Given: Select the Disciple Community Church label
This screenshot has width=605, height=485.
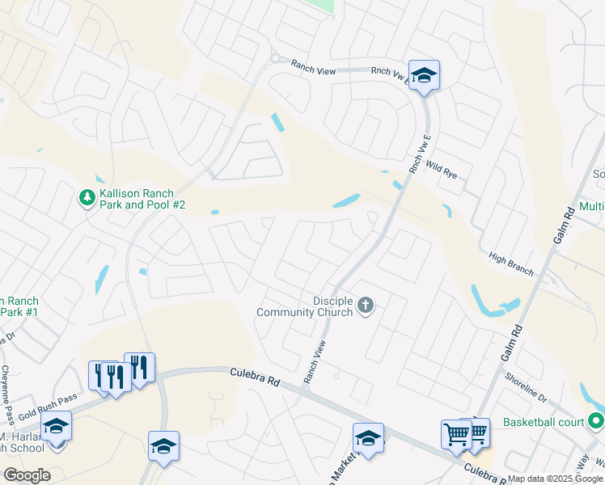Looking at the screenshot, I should [305, 306].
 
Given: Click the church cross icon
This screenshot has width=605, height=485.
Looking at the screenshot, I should [366, 306].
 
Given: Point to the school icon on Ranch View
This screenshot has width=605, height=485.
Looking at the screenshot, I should [424, 76].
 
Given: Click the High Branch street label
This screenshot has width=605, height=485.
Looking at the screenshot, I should [511, 264].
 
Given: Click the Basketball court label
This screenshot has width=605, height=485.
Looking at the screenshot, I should [544, 422].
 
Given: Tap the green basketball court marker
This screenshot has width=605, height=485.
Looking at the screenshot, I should [596, 421].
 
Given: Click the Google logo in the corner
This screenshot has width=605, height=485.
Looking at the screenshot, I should [27, 474].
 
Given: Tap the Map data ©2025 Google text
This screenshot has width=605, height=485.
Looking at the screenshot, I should [556, 479].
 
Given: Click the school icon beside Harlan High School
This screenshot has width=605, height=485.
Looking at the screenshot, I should [57, 426].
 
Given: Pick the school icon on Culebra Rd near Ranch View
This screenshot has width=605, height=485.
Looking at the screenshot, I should [368, 439].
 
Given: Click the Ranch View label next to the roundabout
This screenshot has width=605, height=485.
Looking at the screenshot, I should [313, 72].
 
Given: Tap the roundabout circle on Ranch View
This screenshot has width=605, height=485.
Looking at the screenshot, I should [275, 58].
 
